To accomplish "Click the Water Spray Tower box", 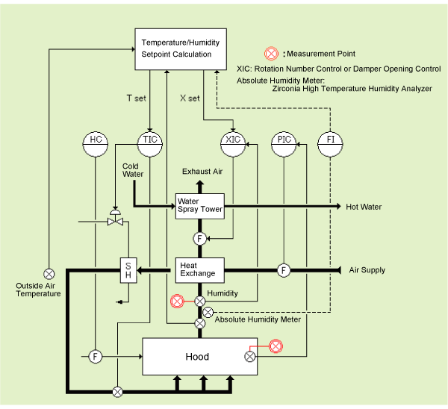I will (x=199, y=205).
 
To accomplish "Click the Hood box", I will (x=199, y=357).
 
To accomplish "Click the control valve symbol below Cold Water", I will (x=115, y=222).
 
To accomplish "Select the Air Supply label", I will (x=367, y=270).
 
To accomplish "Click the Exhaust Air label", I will (x=202, y=172).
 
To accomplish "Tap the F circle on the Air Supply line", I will (x=284, y=269).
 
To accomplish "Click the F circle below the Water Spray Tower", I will (x=199, y=239).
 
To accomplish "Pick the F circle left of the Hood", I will (x=96, y=357).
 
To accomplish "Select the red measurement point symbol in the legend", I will (x=272, y=53).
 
